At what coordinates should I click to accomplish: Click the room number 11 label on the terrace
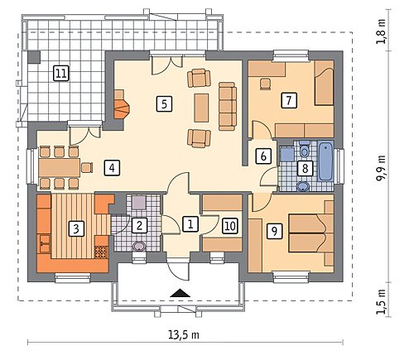click(x=61, y=74)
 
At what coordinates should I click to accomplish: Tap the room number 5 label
click(x=164, y=104)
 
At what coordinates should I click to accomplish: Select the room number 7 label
click(x=289, y=100)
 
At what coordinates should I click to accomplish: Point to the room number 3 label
click(x=76, y=228)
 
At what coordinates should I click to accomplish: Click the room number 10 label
click(x=230, y=226)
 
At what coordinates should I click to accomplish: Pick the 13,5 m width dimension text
click(x=184, y=335)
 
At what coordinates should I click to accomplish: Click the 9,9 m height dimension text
click(x=382, y=167)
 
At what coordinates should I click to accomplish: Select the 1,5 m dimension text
click(x=382, y=302)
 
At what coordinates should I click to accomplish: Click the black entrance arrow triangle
click(x=181, y=293)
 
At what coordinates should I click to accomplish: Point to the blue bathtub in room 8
click(x=325, y=161)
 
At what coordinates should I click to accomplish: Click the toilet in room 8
click(x=305, y=148)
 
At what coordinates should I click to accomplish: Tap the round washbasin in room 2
click(x=139, y=247)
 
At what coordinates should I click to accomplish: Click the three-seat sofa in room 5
click(x=228, y=106)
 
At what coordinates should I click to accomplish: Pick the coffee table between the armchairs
click(x=201, y=108)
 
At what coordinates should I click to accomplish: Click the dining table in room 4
click(x=60, y=167)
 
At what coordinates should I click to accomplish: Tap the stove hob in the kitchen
click(x=101, y=252)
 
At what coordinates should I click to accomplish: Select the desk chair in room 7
click(x=266, y=84)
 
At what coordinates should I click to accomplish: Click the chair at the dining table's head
click(x=87, y=167)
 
